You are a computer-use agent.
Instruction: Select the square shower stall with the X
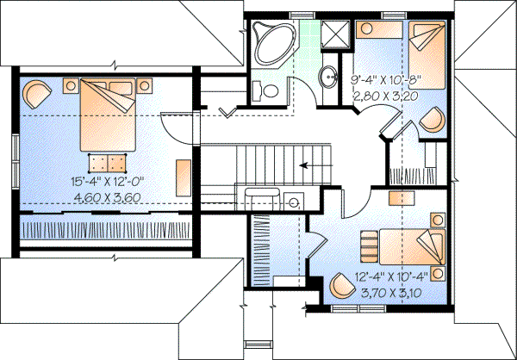tap(335, 35)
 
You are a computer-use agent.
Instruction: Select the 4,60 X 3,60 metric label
tap(106, 198)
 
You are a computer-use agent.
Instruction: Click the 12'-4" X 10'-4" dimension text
tap(391, 277)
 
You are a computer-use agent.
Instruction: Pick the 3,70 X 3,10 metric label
tap(391, 292)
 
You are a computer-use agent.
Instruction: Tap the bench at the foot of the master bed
tap(106, 163)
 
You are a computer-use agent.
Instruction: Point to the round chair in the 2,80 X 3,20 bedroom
tap(434, 116)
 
